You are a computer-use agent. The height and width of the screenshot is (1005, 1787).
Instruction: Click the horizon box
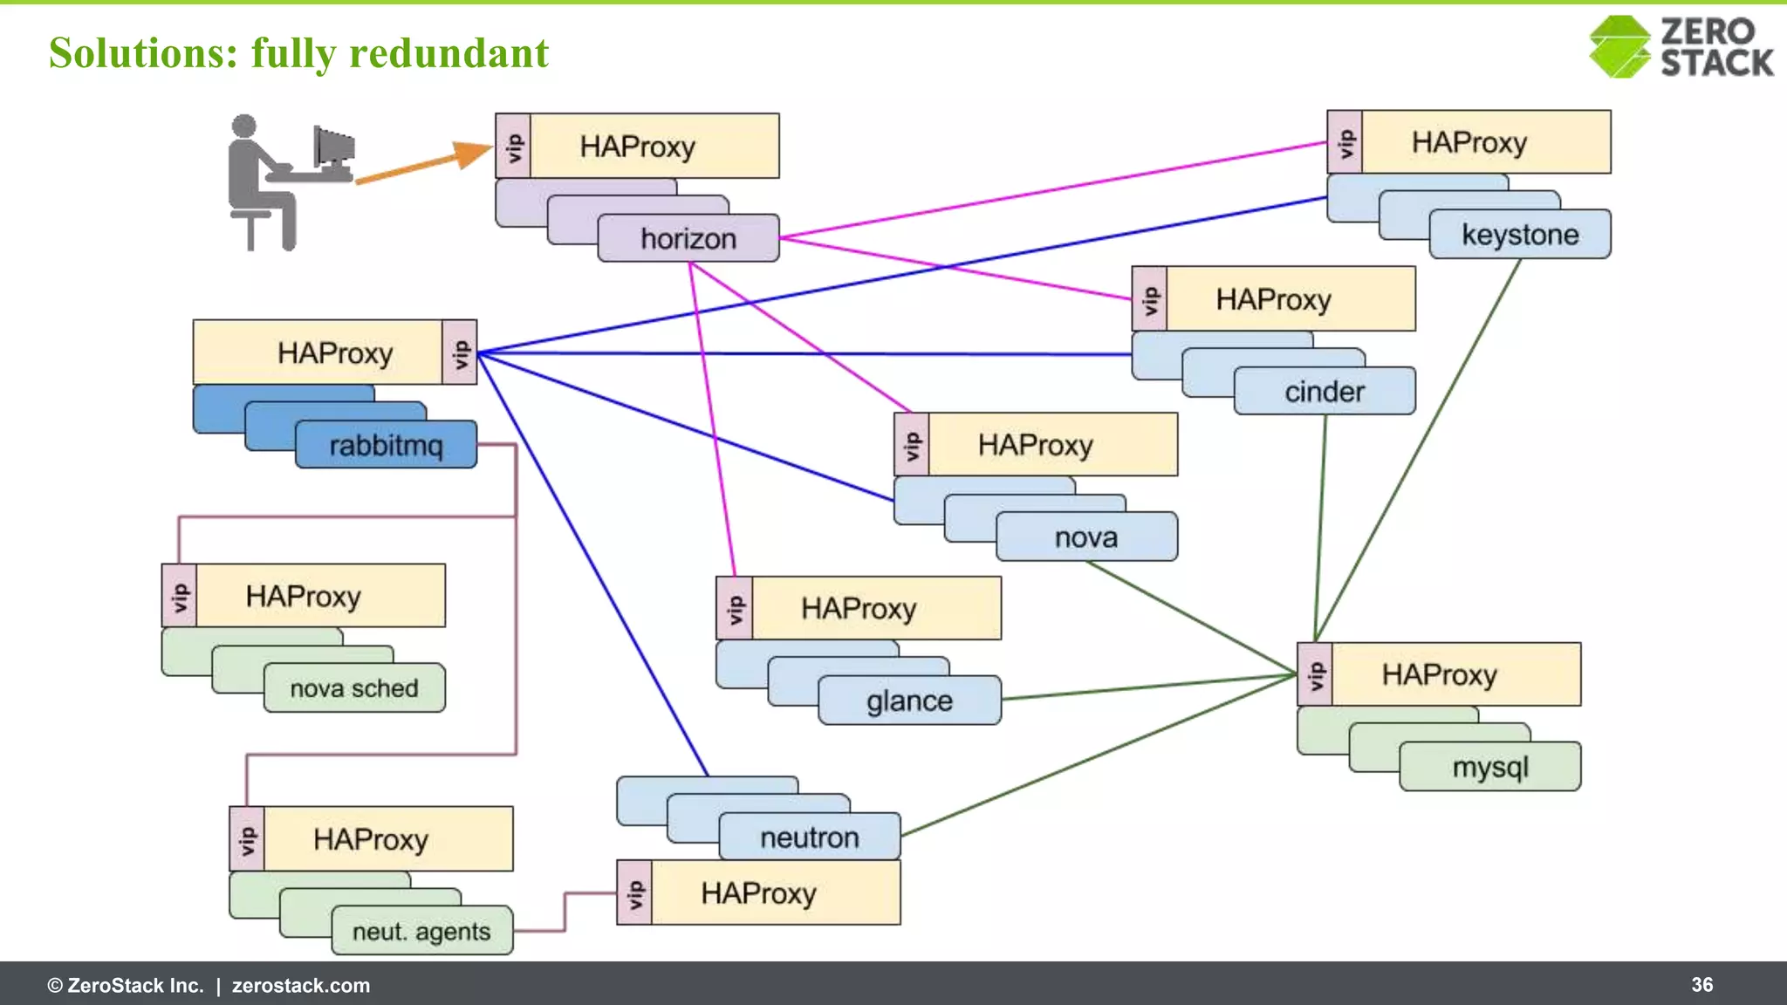688,238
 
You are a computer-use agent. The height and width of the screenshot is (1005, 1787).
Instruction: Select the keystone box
1520,234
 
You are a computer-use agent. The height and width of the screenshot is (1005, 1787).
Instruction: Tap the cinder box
1324,391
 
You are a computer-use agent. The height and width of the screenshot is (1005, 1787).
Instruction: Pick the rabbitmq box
386,445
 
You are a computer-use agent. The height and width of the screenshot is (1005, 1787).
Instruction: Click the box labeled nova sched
354,688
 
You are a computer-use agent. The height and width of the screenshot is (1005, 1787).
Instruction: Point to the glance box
909,701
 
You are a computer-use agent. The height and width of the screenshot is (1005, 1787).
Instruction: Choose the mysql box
1490,767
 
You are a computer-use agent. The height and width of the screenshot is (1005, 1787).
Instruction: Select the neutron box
810,837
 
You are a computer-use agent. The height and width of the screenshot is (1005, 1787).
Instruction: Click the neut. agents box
421,931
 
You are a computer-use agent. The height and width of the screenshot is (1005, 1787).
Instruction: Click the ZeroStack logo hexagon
1619,47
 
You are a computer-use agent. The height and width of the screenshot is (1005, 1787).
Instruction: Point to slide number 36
1701,985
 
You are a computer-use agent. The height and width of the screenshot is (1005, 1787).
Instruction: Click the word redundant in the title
448,53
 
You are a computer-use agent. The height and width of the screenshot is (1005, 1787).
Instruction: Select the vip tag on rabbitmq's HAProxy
460,352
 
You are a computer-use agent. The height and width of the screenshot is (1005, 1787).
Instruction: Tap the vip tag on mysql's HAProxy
1315,674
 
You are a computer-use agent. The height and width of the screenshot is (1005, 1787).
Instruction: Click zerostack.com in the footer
301,986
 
